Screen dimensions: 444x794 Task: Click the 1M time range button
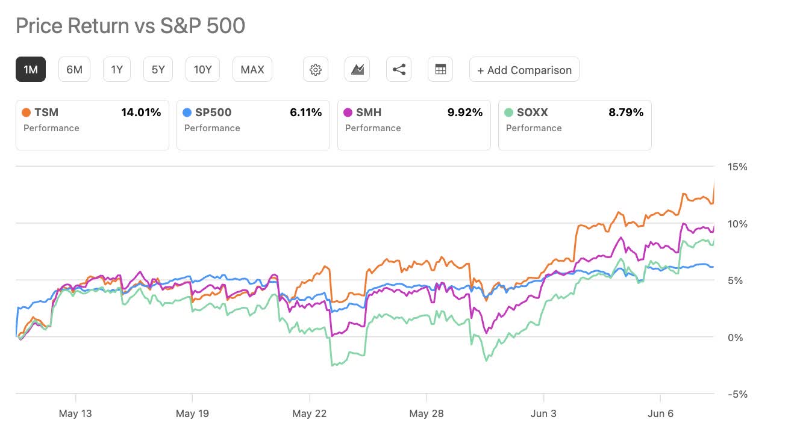31,70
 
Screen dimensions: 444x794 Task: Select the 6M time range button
74,70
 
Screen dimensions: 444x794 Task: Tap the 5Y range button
158,70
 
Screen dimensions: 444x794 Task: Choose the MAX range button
252,70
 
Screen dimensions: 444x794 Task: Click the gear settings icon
315,70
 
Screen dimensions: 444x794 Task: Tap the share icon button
399,70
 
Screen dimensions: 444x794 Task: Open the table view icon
440,70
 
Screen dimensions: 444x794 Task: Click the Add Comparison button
524,70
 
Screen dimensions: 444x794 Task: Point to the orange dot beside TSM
26,113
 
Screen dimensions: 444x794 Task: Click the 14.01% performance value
141,113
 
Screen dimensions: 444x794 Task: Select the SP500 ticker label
213,113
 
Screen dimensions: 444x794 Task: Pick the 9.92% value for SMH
464,113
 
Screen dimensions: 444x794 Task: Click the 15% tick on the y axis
737,167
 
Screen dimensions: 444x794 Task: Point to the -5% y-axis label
737,395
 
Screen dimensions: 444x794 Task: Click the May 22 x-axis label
310,413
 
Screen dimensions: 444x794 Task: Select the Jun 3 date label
543,413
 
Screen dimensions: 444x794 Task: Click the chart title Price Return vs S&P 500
130,26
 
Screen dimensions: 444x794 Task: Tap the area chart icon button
357,70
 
